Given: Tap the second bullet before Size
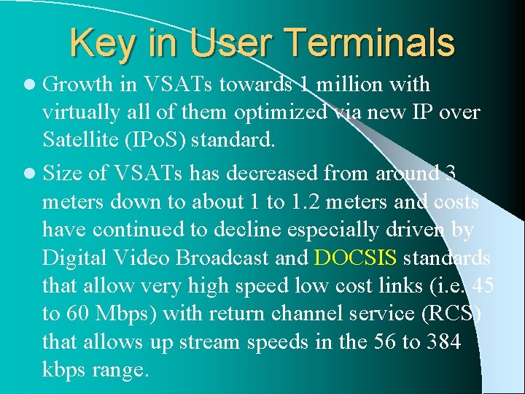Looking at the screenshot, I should [x=32, y=174].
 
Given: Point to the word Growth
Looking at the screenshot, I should [x=78, y=85].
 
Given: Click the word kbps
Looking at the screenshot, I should [x=63, y=370].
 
